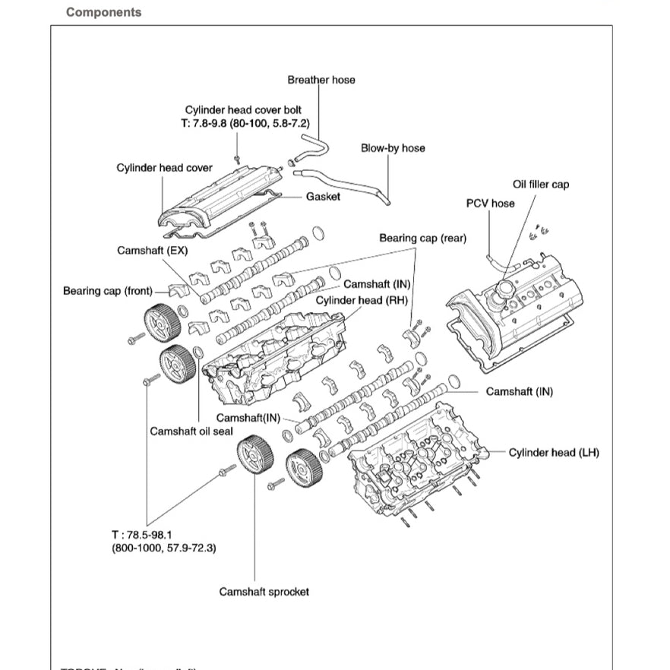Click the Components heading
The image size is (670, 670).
[103, 12]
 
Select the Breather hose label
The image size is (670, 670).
[321, 80]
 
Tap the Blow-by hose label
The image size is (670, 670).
[393, 148]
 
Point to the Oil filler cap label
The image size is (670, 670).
[540, 185]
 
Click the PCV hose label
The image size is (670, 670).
[490, 204]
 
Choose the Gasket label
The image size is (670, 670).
[323, 197]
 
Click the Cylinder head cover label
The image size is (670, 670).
[164, 168]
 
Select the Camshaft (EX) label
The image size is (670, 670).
[152, 250]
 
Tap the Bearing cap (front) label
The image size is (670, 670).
[107, 291]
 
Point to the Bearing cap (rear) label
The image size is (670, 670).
[422, 239]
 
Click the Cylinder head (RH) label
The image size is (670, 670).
[362, 299]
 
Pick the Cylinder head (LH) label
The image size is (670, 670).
[554, 453]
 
